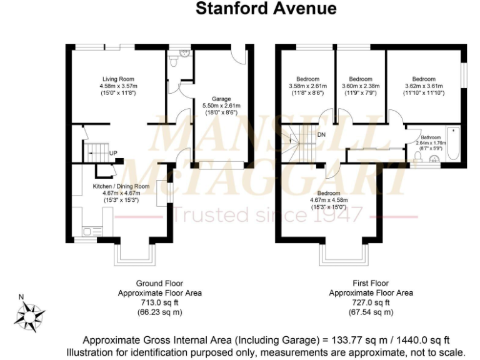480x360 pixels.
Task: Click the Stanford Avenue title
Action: [x=266, y=8]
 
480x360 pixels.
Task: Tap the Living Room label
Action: [x=117, y=79]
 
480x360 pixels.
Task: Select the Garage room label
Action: [x=221, y=99]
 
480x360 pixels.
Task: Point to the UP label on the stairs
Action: [x=113, y=153]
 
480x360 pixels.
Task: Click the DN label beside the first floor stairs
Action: [x=321, y=135]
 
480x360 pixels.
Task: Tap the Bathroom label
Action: [x=430, y=137]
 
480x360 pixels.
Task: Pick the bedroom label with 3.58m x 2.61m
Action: [x=307, y=79]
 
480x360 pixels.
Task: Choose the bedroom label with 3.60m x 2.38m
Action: [x=360, y=79]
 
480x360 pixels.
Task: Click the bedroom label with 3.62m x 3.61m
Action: [x=424, y=79]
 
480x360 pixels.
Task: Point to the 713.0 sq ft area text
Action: [x=159, y=302]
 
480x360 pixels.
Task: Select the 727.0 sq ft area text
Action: [x=371, y=302]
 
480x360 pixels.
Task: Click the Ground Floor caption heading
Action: [x=159, y=283]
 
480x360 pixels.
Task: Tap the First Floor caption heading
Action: [x=371, y=283]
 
